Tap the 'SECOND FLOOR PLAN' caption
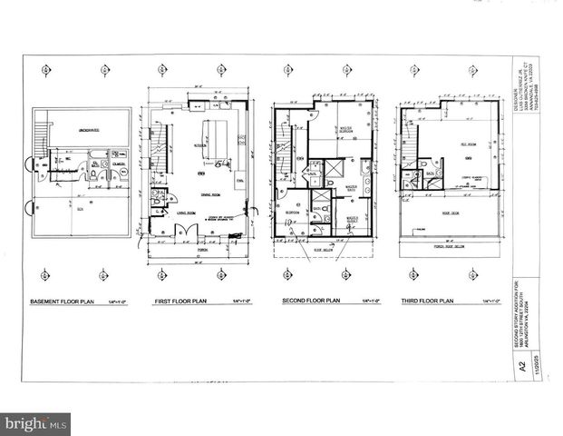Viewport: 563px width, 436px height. point(308,302)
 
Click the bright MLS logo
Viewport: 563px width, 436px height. point(35,423)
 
